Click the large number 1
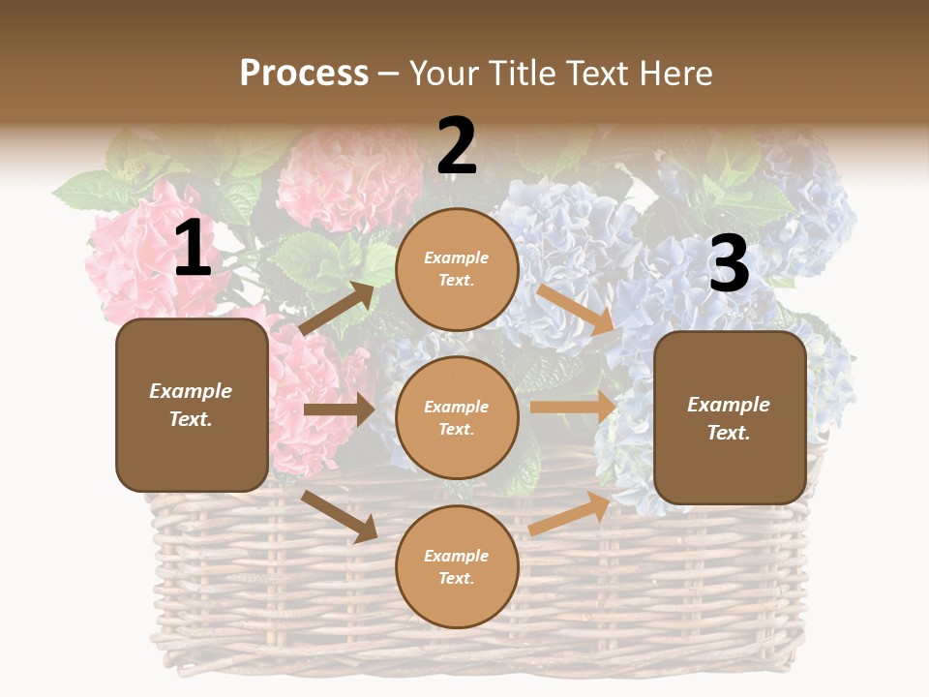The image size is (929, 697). click(193, 249)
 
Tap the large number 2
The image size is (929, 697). click(457, 146)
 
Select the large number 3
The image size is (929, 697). click(729, 264)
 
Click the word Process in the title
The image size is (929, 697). click(304, 73)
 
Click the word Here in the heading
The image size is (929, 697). click(675, 73)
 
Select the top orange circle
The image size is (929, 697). click(457, 269)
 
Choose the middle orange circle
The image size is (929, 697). click(457, 417)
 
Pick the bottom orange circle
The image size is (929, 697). click(457, 566)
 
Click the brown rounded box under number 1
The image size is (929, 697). click(192, 405)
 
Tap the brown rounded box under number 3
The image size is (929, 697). click(730, 417)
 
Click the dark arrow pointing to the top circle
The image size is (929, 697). click(338, 308)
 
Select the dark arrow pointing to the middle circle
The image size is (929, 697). click(339, 409)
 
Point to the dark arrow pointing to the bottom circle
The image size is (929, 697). click(340, 516)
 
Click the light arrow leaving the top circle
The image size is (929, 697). click(576, 309)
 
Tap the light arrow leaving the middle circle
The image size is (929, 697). click(573, 408)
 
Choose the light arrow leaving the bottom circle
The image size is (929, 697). click(570, 513)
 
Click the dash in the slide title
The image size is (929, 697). click(389, 74)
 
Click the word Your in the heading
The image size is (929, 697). click(446, 73)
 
